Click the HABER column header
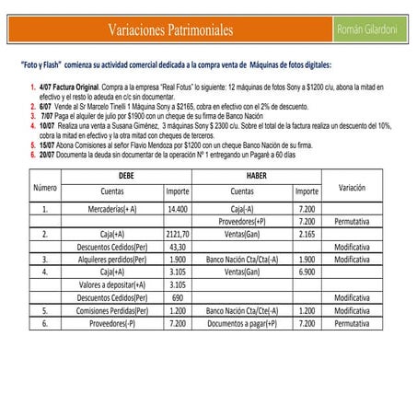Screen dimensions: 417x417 coord(256,175)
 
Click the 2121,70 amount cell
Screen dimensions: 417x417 coord(177,235)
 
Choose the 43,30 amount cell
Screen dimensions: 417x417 coord(177,248)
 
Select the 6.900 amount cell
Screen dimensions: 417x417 coord(307,272)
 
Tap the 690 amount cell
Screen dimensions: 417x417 coord(177,298)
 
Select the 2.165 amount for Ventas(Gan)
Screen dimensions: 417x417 coord(307,235)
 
